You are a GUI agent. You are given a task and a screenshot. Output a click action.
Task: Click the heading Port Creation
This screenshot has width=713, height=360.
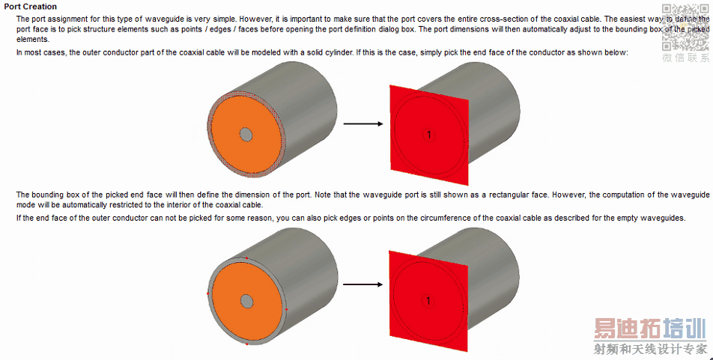pos(31,7)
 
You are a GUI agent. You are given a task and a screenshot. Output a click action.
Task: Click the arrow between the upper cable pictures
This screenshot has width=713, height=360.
pos(362,123)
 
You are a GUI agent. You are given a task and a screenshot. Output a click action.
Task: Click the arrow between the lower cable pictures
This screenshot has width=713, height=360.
pos(362,284)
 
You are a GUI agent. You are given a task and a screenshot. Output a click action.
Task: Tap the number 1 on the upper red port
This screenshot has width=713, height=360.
pos(429,135)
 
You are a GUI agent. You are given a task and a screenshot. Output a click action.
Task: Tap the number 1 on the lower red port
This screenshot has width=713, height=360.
pos(428,300)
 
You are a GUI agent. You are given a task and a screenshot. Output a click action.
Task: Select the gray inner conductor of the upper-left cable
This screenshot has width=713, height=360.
pos(246,135)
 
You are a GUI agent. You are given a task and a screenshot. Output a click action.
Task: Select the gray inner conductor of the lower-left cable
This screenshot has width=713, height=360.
pos(246,301)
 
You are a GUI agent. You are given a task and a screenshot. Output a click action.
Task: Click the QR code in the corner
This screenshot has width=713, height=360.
pos(685,27)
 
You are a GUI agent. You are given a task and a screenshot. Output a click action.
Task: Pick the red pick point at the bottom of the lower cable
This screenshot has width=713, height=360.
pos(246,344)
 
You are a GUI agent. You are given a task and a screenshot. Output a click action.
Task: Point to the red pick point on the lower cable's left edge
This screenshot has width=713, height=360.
pos(207,293)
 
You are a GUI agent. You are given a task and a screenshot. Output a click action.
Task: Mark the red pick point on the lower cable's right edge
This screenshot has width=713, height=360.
pos(286,310)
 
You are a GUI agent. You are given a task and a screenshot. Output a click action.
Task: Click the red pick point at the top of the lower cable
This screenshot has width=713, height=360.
pos(247,257)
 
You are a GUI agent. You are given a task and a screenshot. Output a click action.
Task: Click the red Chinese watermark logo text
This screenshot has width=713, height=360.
pos(650,329)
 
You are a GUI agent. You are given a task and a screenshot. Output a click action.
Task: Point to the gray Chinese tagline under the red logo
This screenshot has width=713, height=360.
pos(650,349)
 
